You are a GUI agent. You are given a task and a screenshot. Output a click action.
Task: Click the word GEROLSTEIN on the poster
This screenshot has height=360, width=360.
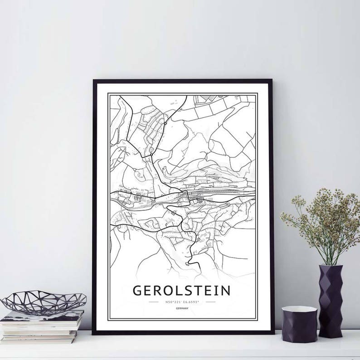(x=181, y=290)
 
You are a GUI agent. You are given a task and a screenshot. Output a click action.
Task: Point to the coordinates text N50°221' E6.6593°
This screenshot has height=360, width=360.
(x=181, y=301)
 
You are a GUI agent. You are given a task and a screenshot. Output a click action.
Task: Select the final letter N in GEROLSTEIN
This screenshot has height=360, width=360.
(x=225, y=290)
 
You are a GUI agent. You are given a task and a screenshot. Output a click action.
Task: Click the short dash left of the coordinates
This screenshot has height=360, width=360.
(x=154, y=301)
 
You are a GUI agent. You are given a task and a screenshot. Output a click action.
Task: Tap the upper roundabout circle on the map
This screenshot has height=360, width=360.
(x=166, y=122)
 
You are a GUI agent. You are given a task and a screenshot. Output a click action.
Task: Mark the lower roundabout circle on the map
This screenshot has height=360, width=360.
(x=151, y=155)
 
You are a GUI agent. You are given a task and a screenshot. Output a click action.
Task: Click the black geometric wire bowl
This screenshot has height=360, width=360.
(x=43, y=302)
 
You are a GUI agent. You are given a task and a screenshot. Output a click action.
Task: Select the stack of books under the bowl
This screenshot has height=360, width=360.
(x=42, y=326)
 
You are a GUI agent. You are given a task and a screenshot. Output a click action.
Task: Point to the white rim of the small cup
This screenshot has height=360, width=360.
(x=299, y=310)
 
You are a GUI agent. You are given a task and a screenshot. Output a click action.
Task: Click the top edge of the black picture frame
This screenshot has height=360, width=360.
(x=181, y=81)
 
